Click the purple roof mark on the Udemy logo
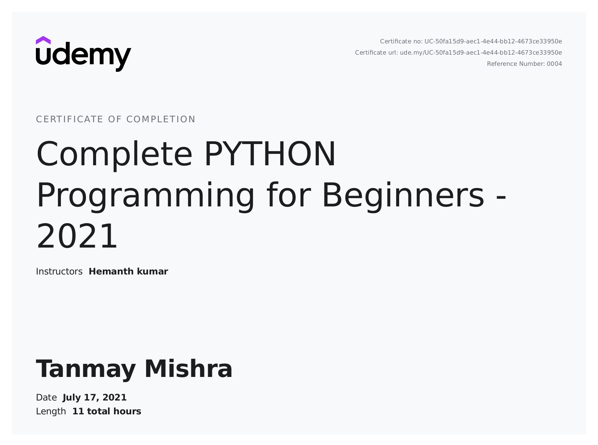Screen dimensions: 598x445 click(x=43, y=40)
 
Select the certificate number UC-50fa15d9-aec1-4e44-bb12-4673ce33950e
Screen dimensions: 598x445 click(x=493, y=41)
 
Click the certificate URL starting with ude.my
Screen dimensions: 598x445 click(x=481, y=53)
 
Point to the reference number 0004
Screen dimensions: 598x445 click(x=554, y=64)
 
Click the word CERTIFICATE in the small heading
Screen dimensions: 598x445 click(x=70, y=119)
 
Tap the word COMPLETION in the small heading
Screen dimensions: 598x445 click(x=161, y=119)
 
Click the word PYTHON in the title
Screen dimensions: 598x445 click(x=270, y=154)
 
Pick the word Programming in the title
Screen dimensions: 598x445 click(x=145, y=196)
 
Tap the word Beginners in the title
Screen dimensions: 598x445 click(x=403, y=196)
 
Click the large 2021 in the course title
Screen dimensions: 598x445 click(x=77, y=236)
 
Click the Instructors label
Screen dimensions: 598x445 click(x=59, y=271)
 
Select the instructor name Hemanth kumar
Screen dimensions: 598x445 click(x=128, y=271)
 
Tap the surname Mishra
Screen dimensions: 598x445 click(x=188, y=369)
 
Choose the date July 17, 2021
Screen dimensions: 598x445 click(x=95, y=398)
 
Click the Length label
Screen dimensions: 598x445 click(x=51, y=412)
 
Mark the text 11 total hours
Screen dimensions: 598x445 click(x=107, y=412)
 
